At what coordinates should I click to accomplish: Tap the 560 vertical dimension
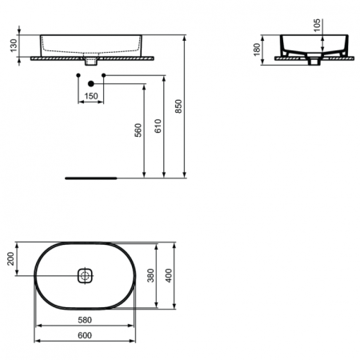(138, 130)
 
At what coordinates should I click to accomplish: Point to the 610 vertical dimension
(159, 126)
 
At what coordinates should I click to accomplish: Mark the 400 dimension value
(170, 275)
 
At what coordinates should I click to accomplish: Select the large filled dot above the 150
(91, 82)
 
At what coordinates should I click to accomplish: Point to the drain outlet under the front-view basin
(91, 61)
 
